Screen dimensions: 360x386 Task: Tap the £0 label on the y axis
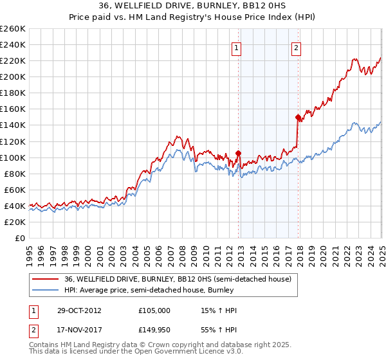point(19,239)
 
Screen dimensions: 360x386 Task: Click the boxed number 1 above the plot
point(237,47)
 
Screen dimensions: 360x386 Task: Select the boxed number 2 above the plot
point(296,47)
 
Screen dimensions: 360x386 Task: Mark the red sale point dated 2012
point(238,153)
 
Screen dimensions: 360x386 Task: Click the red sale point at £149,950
point(298,117)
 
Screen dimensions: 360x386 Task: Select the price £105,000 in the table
point(154,310)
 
